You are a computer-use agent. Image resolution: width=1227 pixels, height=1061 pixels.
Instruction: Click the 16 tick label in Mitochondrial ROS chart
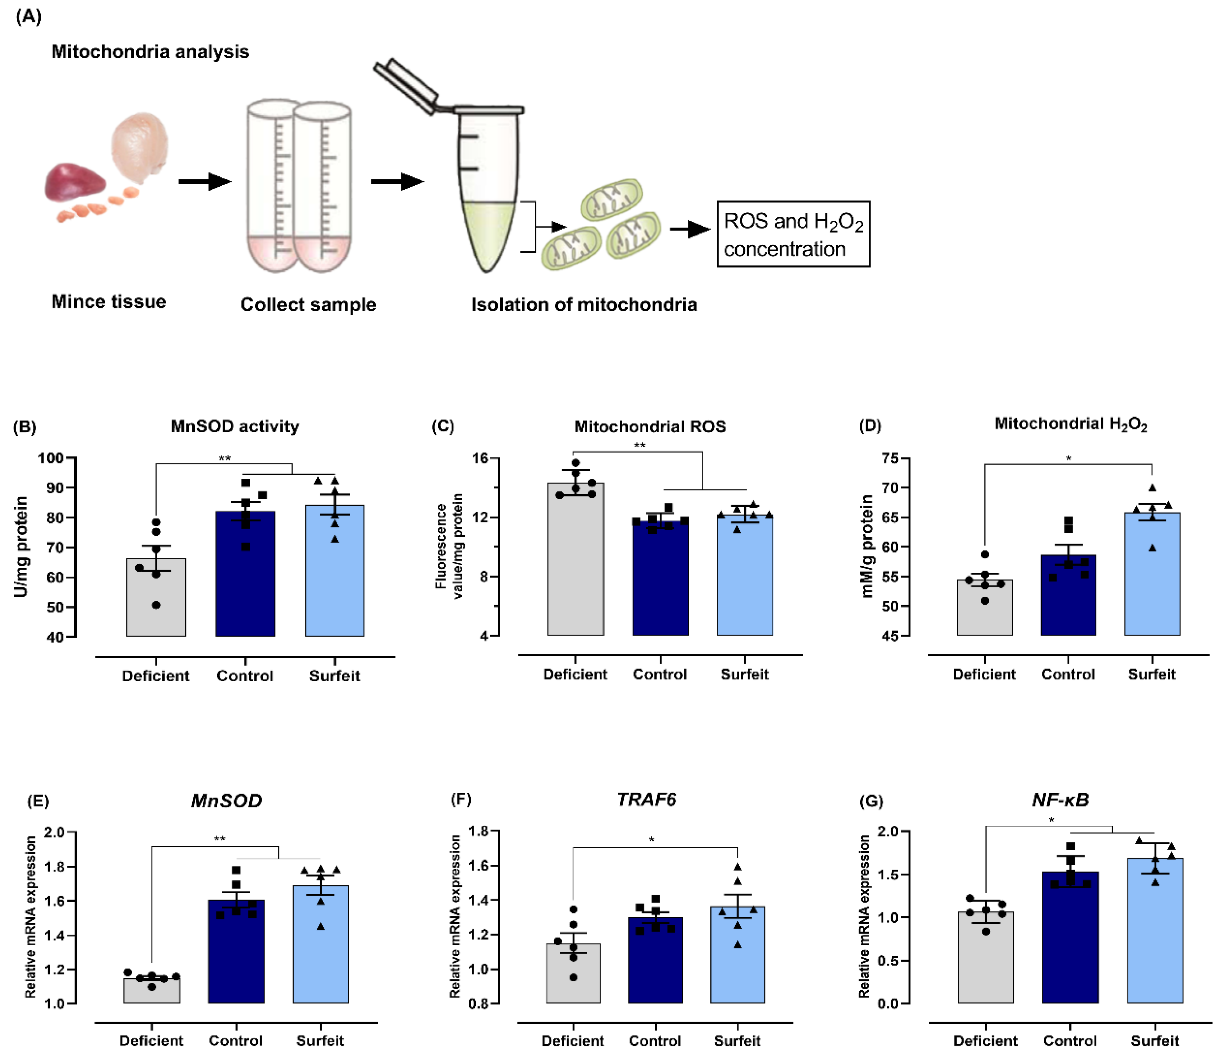[x=480, y=458]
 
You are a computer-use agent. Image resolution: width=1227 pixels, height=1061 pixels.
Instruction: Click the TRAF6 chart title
[x=647, y=800]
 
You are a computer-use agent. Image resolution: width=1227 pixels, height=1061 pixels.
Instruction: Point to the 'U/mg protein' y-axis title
[x=21, y=546]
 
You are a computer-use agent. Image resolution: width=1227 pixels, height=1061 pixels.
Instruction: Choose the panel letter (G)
[x=871, y=801]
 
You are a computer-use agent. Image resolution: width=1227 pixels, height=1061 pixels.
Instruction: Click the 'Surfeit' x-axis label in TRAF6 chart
[x=736, y=1040]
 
